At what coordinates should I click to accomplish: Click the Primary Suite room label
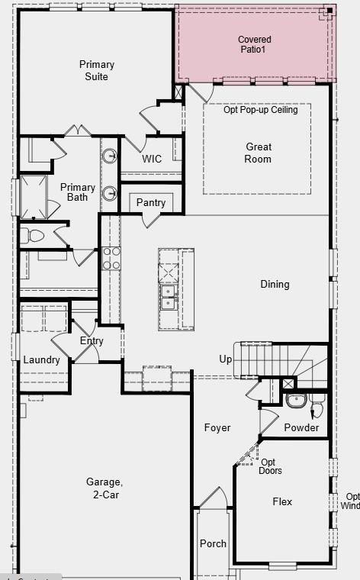(97, 70)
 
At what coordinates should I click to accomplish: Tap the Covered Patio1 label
(254, 44)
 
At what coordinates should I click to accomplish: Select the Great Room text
(258, 153)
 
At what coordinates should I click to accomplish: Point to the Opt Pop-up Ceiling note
(260, 110)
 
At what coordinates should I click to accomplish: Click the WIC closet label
(152, 159)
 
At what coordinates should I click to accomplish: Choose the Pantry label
(151, 203)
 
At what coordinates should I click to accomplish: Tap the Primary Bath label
(78, 192)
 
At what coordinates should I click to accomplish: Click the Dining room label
(275, 285)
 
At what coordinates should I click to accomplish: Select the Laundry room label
(41, 360)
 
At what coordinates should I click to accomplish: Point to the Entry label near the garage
(92, 341)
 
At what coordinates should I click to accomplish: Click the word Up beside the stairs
(226, 359)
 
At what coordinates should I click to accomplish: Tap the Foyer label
(217, 428)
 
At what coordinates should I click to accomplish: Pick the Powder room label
(301, 428)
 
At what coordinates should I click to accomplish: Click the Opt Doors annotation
(271, 466)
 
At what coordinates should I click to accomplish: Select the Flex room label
(282, 502)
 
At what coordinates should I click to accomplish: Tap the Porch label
(213, 544)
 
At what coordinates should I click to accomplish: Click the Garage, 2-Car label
(104, 488)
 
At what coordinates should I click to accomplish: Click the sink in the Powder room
(296, 401)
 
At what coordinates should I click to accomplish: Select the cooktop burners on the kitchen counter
(111, 258)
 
